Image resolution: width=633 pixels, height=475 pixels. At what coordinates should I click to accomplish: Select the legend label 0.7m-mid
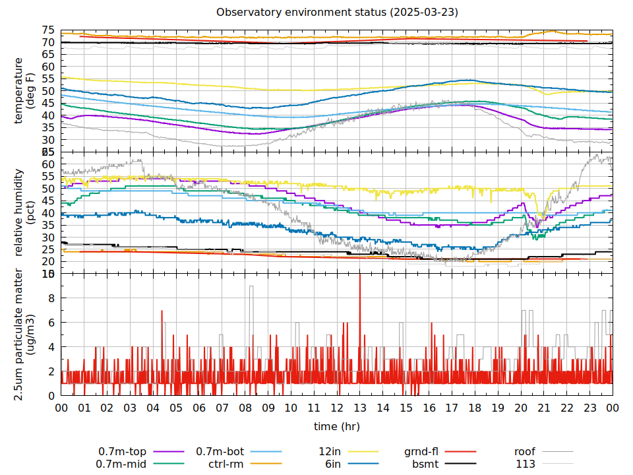pyautogui.click(x=123, y=464)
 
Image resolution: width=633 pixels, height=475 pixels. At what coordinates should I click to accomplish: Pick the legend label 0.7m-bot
pyautogui.click(x=220, y=452)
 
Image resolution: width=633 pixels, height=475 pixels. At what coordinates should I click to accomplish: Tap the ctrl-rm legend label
pyautogui.click(x=227, y=464)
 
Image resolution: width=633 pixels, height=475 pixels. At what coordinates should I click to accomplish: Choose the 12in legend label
pyautogui.click(x=329, y=452)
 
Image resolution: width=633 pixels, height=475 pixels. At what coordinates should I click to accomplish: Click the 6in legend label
pyautogui.click(x=332, y=464)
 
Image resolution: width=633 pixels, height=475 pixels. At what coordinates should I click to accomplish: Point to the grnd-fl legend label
pyautogui.click(x=421, y=452)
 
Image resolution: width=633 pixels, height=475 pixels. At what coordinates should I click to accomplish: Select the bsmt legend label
pyautogui.click(x=425, y=464)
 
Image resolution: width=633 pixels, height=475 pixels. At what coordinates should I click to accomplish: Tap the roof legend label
pyautogui.click(x=525, y=452)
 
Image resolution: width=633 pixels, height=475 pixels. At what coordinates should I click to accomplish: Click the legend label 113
pyautogui.click(x=526, y=464)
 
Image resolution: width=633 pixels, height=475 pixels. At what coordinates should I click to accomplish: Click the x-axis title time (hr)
pyautogui.click(x=337, y=426)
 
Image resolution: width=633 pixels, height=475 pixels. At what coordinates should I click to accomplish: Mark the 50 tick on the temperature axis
pyautogui.click(x=48, y=91)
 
